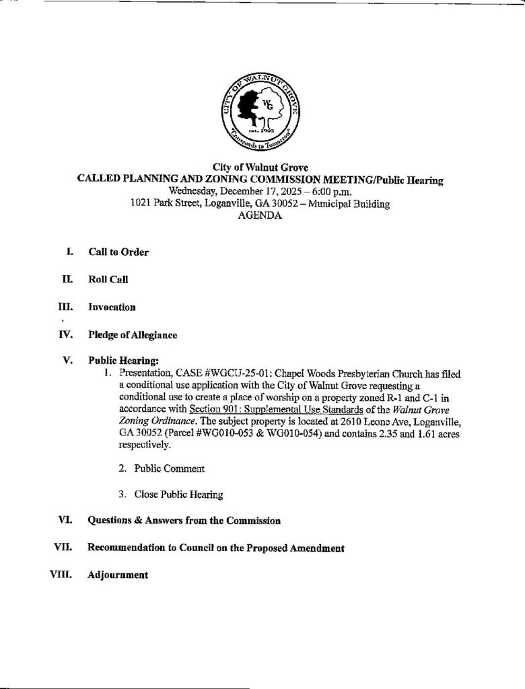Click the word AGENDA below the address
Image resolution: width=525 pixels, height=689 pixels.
pos(260,217)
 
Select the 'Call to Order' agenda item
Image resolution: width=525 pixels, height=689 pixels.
pos(118,252)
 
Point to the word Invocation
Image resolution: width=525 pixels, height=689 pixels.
pos(112,307)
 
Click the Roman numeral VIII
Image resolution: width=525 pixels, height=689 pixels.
pos(59,575)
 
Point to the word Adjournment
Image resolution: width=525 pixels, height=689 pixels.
pos(118,576)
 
